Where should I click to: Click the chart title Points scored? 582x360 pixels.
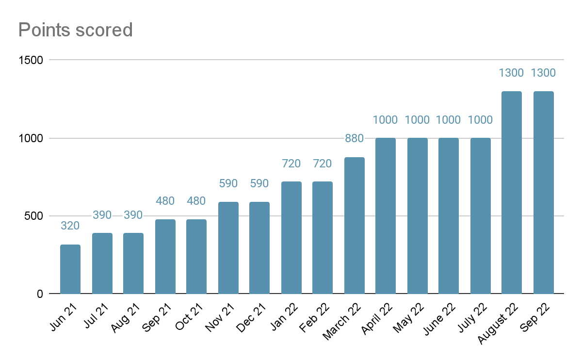tap(75, 30)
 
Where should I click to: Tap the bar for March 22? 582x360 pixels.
tap(354, 226)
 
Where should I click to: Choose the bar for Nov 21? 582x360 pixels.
tap(228, 248)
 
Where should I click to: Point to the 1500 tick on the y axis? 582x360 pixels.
tap(31, 60)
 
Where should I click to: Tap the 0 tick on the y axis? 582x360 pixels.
tap(40, 294)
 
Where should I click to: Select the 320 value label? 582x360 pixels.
tap(70, 226)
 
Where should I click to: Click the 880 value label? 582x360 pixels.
tap(354, 138)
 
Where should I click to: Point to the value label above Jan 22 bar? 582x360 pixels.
tap(291, 164)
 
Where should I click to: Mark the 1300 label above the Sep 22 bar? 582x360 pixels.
tap(543, 73)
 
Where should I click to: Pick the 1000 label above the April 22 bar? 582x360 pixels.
tap(386, 120)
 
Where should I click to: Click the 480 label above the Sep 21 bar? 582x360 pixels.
tap(165, 201)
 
